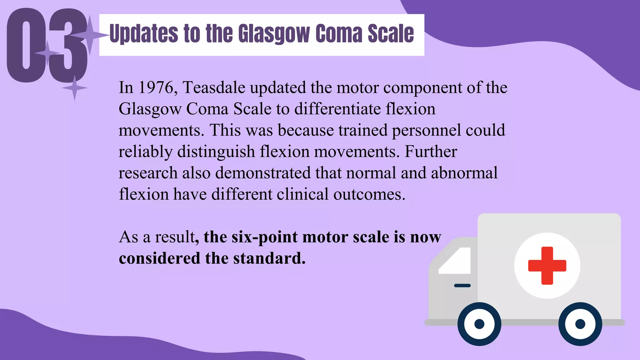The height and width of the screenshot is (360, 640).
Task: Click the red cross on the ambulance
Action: [x=547, y=266]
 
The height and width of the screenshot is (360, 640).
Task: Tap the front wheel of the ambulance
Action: [x=479, y=324]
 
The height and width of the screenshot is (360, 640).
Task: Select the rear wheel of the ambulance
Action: [x=580, y=324]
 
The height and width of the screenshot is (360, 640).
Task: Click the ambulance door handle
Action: [x=462, y=285]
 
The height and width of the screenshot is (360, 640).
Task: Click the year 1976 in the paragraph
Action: [x=155, y=87]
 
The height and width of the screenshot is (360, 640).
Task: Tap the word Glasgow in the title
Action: [x=274, y=34]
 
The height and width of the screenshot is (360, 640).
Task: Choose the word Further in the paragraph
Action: [x=431, y=152]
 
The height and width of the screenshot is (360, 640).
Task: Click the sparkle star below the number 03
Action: [x=74, y=88]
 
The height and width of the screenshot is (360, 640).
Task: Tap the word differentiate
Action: [x=337, y=109]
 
